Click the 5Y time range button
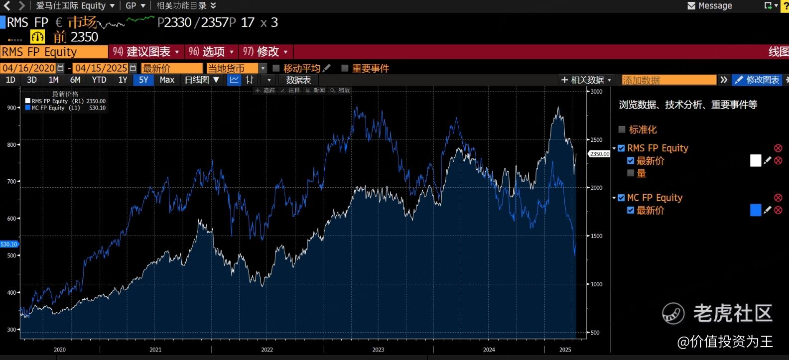tap(143, 80)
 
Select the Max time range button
tap(167, 80)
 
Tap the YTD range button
tap(99, 80)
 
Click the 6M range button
tap(75, 80)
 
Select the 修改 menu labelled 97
tap(265, 52)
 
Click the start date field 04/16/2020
tap(28, 68)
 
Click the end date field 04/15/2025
tap(101, 68)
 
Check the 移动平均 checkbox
tap(276, 68)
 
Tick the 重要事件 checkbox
tap(345, 68)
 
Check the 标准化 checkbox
tap(622, 129)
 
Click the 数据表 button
tap(298, 80)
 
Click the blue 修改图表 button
tap(757, 80)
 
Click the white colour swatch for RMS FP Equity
tap(755, 160)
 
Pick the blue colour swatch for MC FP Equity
tap(755, 210)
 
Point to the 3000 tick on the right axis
tap(596, 92)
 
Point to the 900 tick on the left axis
tap(11, 108)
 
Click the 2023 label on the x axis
tap(378, 350)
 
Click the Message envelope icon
tap(691, 6)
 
